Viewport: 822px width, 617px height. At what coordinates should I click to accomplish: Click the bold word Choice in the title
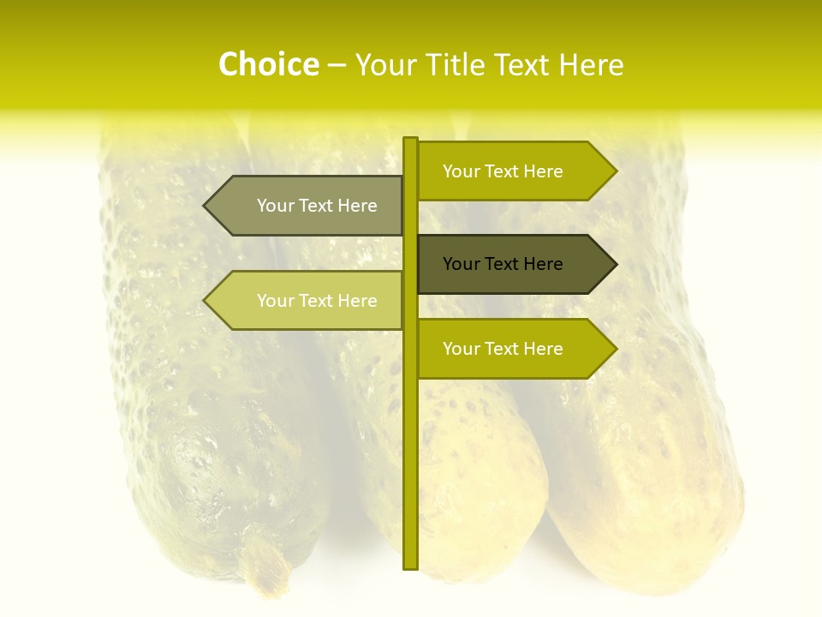(x=269, y=65)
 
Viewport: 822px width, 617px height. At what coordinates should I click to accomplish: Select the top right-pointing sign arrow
(x=514, y=171)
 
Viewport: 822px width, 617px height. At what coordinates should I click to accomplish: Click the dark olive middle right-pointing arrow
(x=514, y=264)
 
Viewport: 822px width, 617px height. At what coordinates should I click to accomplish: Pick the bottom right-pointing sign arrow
(x=514, y=349)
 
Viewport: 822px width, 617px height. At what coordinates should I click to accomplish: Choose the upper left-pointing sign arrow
(x=308, y=206)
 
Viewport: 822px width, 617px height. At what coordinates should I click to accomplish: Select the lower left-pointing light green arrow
(x=308, y=301)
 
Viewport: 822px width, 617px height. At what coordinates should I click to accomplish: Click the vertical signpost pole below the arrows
(x=410, y=471)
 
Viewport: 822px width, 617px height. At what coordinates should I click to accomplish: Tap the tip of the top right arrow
(x=615, y=171)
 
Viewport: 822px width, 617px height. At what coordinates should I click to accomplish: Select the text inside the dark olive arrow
(x=503, y=264)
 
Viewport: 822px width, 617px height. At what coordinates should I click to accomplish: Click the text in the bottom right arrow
(x=503, y=349)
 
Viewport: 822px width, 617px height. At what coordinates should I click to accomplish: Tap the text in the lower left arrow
(x=317, y=301)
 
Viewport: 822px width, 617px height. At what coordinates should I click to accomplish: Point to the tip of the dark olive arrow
(x=615, y=264)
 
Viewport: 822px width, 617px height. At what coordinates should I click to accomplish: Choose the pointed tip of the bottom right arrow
(x=615, y=349)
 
